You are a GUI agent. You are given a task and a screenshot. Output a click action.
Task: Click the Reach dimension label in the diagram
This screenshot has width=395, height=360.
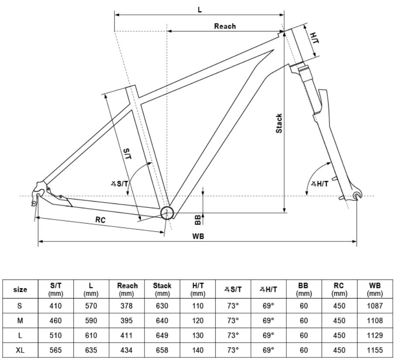point(225,26)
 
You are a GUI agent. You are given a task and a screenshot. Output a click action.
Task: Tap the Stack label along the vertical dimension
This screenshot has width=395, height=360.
point(279,123)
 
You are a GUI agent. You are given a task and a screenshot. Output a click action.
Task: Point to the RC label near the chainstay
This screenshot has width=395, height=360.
point(101,220)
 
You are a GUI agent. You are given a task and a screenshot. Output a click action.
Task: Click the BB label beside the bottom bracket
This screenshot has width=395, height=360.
point(198,219)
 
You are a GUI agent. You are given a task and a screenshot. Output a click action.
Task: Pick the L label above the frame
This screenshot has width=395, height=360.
point(200,9)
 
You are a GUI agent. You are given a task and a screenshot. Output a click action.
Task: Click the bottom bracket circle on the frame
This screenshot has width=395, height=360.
point(167,213)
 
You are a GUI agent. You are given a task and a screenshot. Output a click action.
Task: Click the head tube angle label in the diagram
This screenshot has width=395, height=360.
point(319,184)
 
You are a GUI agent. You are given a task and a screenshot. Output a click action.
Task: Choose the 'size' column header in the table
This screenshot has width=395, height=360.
point(20,289)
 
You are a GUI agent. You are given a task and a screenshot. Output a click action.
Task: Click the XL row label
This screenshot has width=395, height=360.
point(20,350)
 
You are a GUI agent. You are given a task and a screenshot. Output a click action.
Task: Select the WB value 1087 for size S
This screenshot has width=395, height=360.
point(375,305)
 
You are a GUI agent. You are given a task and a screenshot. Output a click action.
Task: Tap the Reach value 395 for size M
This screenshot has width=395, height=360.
point(127,320)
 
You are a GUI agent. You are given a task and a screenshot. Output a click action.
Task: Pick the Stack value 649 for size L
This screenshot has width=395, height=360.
point(162,335)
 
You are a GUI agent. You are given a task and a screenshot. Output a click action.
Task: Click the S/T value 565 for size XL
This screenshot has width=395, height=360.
point(55,350)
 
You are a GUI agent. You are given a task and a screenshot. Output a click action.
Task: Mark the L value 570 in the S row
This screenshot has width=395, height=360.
point(91,305)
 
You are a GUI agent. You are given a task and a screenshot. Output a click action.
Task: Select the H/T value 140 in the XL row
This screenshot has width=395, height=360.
point(198,350)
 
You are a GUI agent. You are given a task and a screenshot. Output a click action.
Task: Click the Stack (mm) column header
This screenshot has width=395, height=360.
point(162,289)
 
